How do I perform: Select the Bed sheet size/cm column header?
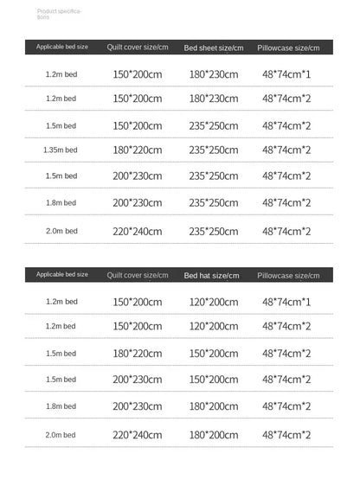point(214,48)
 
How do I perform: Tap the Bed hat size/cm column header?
point(211,275)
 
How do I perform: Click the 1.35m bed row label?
point(61,150)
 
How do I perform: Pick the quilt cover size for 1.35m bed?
point(137,150)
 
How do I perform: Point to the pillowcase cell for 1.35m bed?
point(286,150)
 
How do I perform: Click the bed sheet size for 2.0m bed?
point(214,232)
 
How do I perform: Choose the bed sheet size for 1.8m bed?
point(214,203)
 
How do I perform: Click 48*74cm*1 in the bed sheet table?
point(286,74)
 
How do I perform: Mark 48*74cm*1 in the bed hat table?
point(286,302)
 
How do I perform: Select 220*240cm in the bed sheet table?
point(137,232)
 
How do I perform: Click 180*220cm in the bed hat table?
point(137,354)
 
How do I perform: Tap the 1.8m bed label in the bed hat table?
point(61,406)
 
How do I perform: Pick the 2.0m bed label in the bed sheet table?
point(61,232)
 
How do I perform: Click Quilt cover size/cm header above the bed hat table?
point(137,275)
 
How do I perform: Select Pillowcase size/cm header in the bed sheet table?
point(288,48)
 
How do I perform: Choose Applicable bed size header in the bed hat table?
point(62,274)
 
